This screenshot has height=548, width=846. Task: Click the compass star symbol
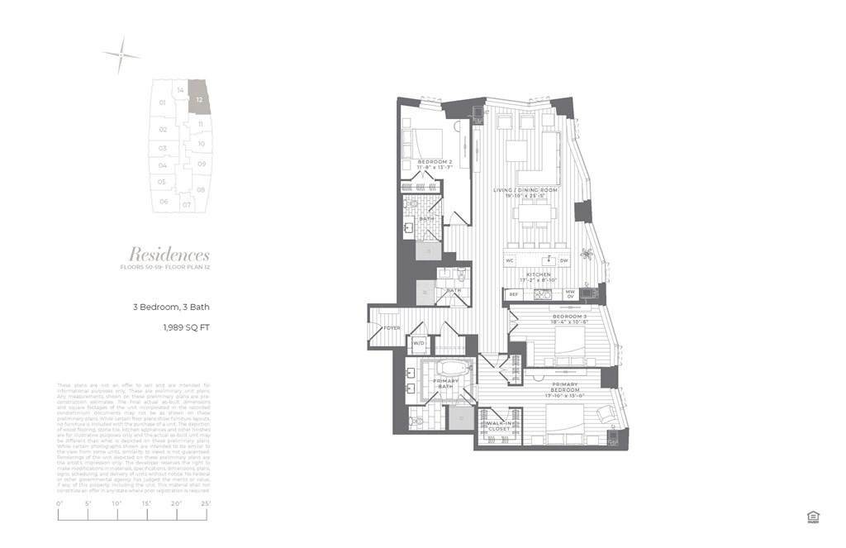(x=121, y=55)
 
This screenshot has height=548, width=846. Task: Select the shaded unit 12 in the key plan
(x=199, y=98)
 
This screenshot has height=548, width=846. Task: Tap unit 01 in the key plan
(x=163, y=102)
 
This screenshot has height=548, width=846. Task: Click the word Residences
(x=169, y=255)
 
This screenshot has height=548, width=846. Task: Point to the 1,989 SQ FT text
(x=186, y=328)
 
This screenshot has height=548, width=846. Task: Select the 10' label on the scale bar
(x=116, y=503)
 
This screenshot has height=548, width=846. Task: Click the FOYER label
(x=392, y=328)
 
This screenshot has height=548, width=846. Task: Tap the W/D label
(x=418, y=342)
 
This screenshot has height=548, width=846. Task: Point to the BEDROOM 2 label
(x=435, y=161)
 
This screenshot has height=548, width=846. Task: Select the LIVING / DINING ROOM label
(x=525, y=191)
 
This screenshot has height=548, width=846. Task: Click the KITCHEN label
(x=539, y=274)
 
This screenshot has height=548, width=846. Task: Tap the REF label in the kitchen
(x=514, y=293)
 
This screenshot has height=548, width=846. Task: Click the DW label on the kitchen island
(x=564, y=260)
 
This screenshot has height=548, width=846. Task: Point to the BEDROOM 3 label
(x=568, y=316)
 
